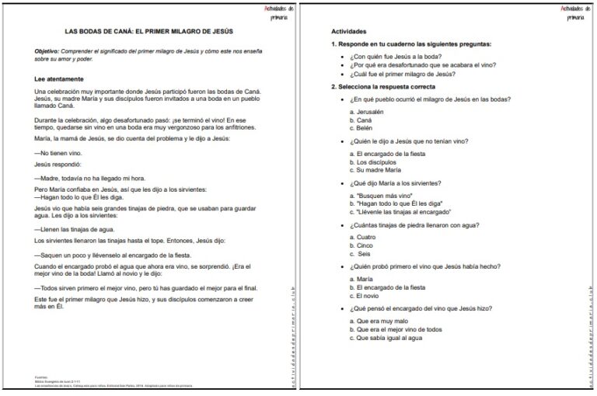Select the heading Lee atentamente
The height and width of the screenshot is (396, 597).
[x=61, y=79]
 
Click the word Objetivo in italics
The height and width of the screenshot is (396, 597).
[x=48, y=50]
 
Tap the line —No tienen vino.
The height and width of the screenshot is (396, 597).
[x=58, y=153]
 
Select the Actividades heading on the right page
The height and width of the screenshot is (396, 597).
[x=348, y=31]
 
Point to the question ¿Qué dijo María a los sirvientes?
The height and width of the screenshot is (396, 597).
[x=396, y=182]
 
